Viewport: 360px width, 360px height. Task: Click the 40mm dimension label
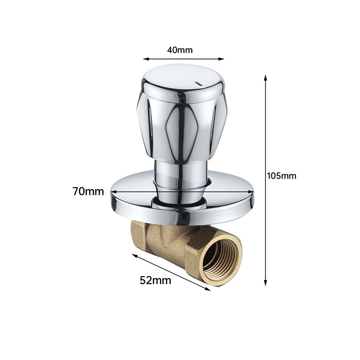coord(180,50)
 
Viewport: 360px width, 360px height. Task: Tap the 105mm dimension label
coord(282,176)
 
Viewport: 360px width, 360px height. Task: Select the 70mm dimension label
coord(88,191)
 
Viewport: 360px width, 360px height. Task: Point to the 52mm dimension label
coord(155,280)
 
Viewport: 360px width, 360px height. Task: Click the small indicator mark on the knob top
coord(198,84)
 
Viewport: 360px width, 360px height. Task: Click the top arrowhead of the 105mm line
coord(265,77)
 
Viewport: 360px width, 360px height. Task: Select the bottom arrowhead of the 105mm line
coord(265,283)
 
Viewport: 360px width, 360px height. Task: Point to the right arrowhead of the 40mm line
coord(221,59)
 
